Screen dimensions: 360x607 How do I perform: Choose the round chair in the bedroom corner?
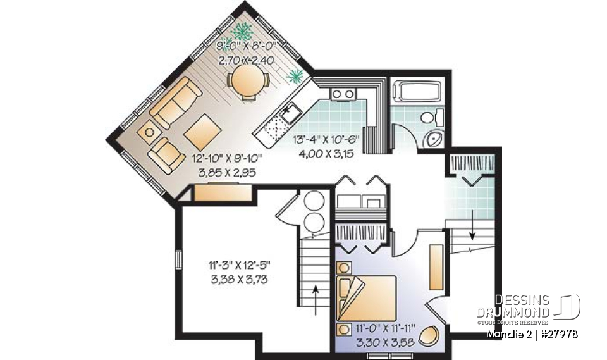[431, 335]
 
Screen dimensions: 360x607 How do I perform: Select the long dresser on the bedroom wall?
[435, 266]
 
